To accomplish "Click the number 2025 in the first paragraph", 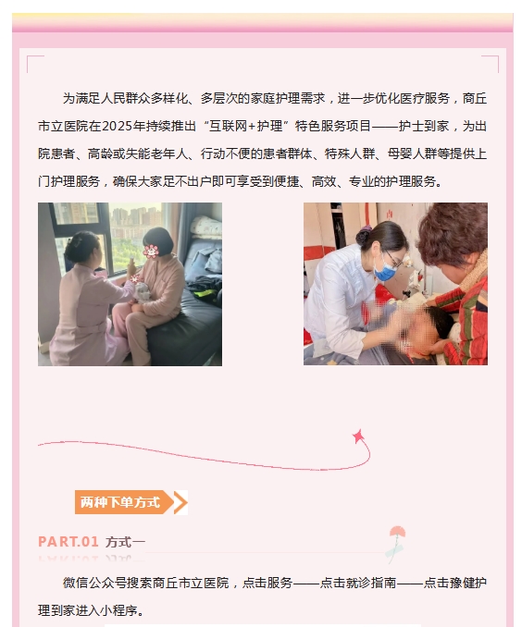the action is coord(116,126).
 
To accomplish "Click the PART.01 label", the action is coord(68,542).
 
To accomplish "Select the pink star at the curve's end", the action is coord(359,436).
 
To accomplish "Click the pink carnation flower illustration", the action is coord(397,543).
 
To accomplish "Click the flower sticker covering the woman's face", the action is coord(151,252).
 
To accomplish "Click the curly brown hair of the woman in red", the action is coord(453,232).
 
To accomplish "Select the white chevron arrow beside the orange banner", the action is coord(180,502).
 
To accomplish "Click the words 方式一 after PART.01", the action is coord(125,542).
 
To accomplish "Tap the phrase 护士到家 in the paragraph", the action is coord(424,126).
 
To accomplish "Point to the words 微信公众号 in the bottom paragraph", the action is coord(94,583).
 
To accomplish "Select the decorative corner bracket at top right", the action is coord(491,64).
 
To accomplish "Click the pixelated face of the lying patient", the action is coord(416,328).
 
